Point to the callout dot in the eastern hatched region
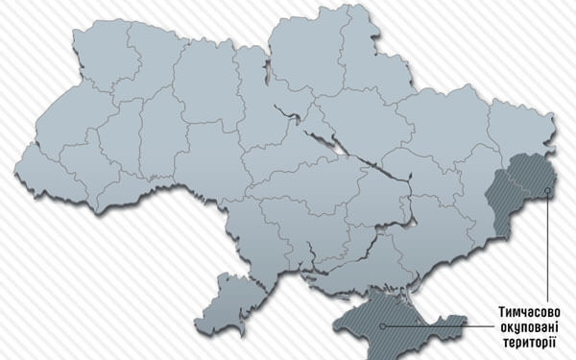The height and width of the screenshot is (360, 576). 548,189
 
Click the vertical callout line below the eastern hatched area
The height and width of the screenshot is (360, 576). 548,250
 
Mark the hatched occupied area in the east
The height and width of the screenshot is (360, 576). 518,192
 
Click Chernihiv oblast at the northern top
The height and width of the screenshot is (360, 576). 307,58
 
